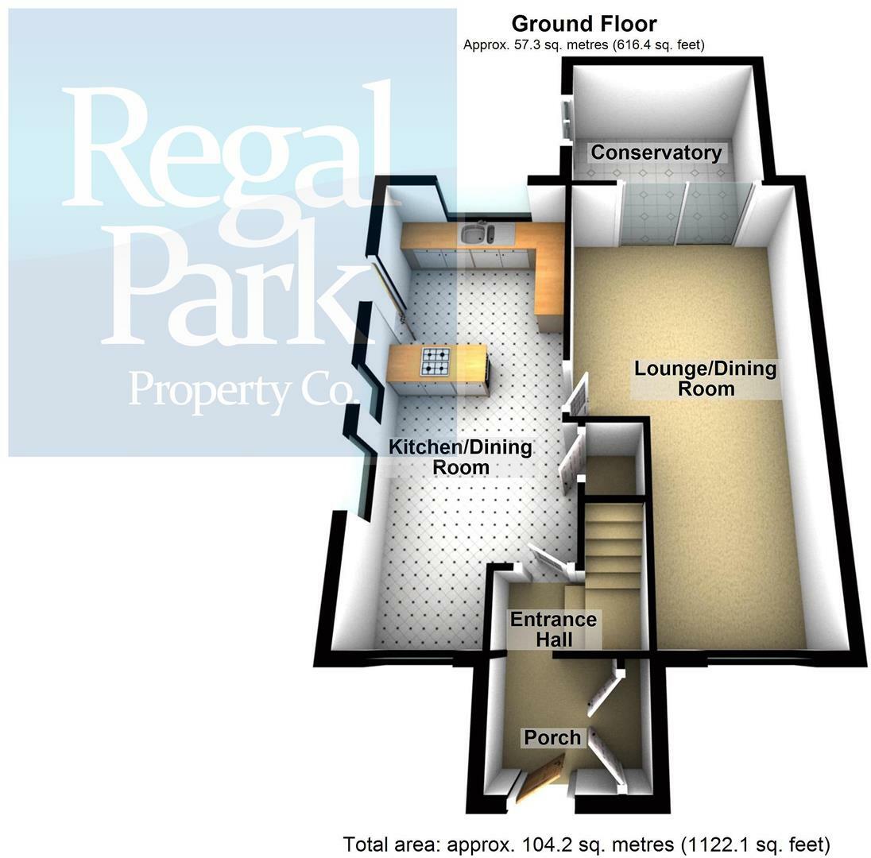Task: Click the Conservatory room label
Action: (656, 153)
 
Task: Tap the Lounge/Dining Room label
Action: (705, 379)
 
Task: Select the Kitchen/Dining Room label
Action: (460, 457)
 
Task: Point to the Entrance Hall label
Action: (553, 629)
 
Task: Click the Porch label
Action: (552, 738)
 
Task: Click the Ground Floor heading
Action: (583, 24)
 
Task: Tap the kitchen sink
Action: (477, 234)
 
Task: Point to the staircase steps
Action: (613, 548)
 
